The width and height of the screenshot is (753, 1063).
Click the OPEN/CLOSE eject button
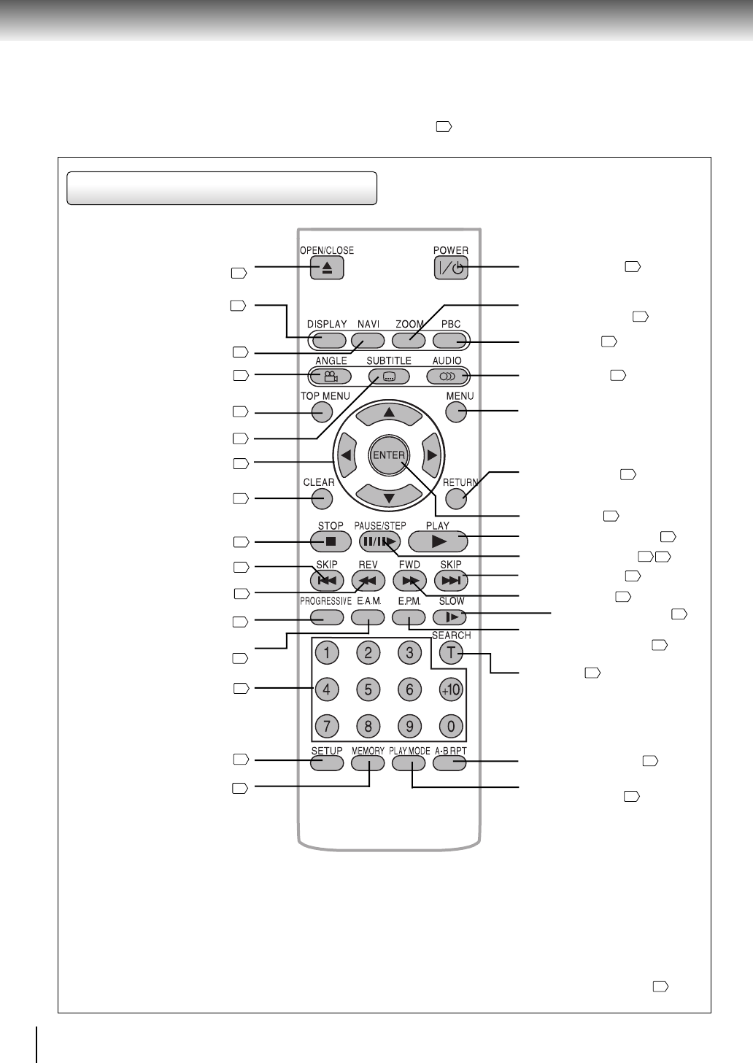[x=327, y=268]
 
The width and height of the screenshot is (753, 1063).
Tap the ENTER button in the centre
[x=389, y=455]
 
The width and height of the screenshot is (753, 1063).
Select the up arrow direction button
[x=389, y=414]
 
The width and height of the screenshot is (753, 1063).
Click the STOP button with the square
[x=331, y=541]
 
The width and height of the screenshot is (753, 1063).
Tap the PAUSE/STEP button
[x=380, y=541]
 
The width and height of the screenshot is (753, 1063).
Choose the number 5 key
[x=368, y=689]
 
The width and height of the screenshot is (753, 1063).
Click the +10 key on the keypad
[x=451, y=689]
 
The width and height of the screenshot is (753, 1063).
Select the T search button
[x=451, y=653]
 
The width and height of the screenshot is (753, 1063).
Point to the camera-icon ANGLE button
[x=331, y=376]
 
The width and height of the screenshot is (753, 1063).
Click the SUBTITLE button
[x=389, y=376]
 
